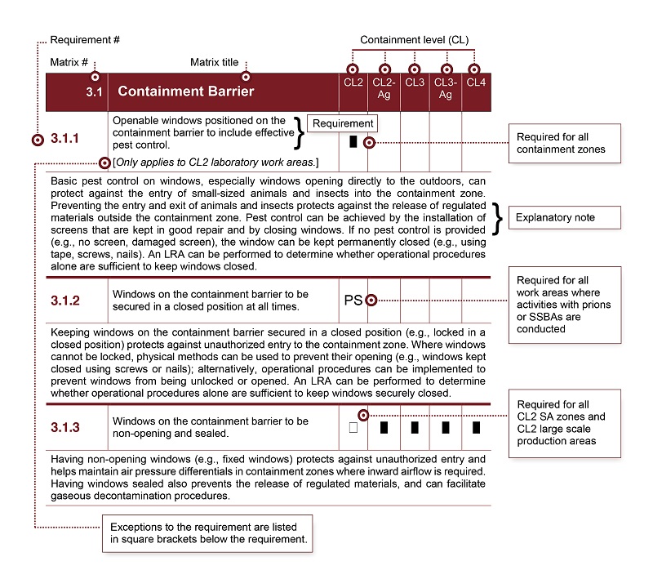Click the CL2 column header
(x=352, y=82)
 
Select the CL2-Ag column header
(x=383, y=88)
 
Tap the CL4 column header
(x=475, y=82)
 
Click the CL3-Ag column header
(x=446, y=88)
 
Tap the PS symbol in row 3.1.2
(x=353, y=301)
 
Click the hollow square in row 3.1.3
(x=353, y=427)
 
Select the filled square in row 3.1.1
(x=353, y=140)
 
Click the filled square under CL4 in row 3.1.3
(x=476, y=427)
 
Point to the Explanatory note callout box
(x=564, y=218)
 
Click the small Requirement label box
(x=343, y=123)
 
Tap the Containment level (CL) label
(x=415, y=40)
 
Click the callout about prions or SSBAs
(x=564, y=305)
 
